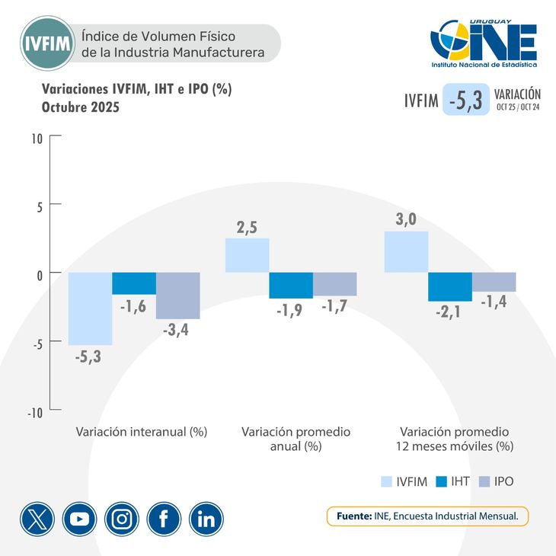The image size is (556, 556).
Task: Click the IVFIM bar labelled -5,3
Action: coord(90,308)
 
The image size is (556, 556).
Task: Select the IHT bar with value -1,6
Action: coord(134,283)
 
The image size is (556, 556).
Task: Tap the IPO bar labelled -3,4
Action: coord(177,296)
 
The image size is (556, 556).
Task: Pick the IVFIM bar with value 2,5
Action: coord(248,255)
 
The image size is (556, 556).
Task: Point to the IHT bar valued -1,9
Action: coord(291,286)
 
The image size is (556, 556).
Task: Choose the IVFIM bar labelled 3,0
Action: coord(406,251)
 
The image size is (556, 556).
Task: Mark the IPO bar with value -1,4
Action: coord(494,282)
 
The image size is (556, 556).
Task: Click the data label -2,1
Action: coord(449,312)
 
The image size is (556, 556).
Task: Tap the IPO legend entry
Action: coord(494,481)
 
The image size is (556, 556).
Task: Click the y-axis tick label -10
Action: coord(35,412)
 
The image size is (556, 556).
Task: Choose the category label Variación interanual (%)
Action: coord(142,431)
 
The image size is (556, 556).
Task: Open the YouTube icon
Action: coord(79,519)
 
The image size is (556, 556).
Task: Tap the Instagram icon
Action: coord(122,519)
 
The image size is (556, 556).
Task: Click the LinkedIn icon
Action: coord(206,519)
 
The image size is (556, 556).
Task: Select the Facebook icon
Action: coord(164,519)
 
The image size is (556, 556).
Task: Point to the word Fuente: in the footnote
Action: coord(353,516)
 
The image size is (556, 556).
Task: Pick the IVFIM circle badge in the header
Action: coord(48,43)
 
